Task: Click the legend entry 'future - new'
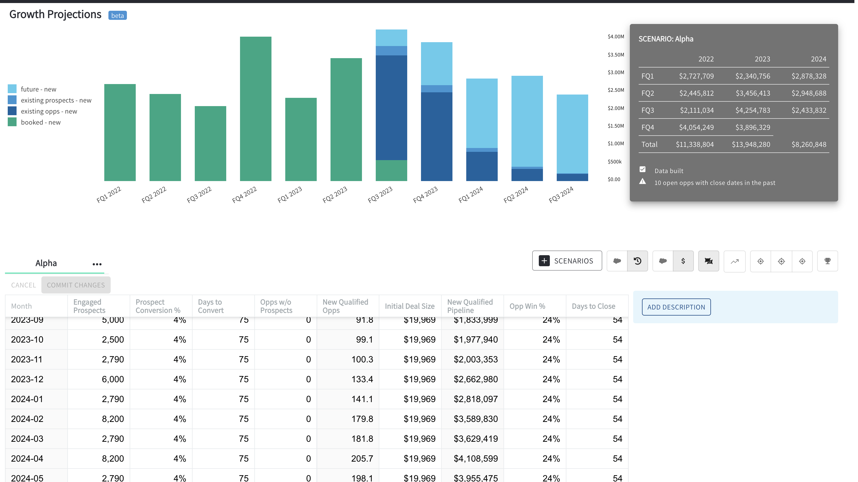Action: point(38,89)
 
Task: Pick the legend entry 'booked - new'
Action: point(41,122)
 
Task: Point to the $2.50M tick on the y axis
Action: point(615,90)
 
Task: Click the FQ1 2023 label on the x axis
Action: point(290,194)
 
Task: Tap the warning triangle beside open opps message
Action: point(643,182)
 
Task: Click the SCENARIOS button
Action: point(567,261)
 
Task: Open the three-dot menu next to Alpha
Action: point(97,264)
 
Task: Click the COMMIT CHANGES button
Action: point(76,285)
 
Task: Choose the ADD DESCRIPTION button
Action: point(676,307)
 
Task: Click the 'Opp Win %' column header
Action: point(527,306)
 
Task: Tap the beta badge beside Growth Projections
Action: point(117,15)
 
